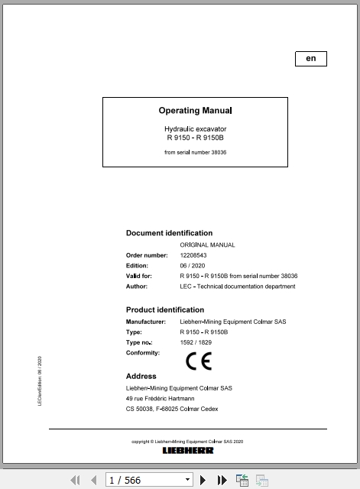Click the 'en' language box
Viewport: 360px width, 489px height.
point(310,59)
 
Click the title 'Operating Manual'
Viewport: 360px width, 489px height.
point(195,111)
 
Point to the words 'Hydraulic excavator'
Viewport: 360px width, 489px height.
point(196,129)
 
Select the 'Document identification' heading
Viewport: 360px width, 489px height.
point(169,233)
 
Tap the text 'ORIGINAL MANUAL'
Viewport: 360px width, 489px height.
point(208,245)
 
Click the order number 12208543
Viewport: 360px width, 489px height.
point(193,255)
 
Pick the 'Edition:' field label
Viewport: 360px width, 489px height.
point(137,266)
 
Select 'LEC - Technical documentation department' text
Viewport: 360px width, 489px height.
point(237,287)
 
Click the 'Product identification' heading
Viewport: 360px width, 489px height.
point(164,310)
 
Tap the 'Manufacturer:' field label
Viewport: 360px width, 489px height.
point(145,322)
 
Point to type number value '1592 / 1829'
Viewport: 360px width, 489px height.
point(196,343)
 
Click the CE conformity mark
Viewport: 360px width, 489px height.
point(199,361)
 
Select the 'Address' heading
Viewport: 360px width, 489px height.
point(141,376)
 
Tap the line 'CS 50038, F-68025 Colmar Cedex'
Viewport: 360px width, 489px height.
point(172,409)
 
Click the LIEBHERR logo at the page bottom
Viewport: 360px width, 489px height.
point(188,451)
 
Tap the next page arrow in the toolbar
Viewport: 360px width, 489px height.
point(203,480)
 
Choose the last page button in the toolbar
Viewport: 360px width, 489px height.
point(222,480)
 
